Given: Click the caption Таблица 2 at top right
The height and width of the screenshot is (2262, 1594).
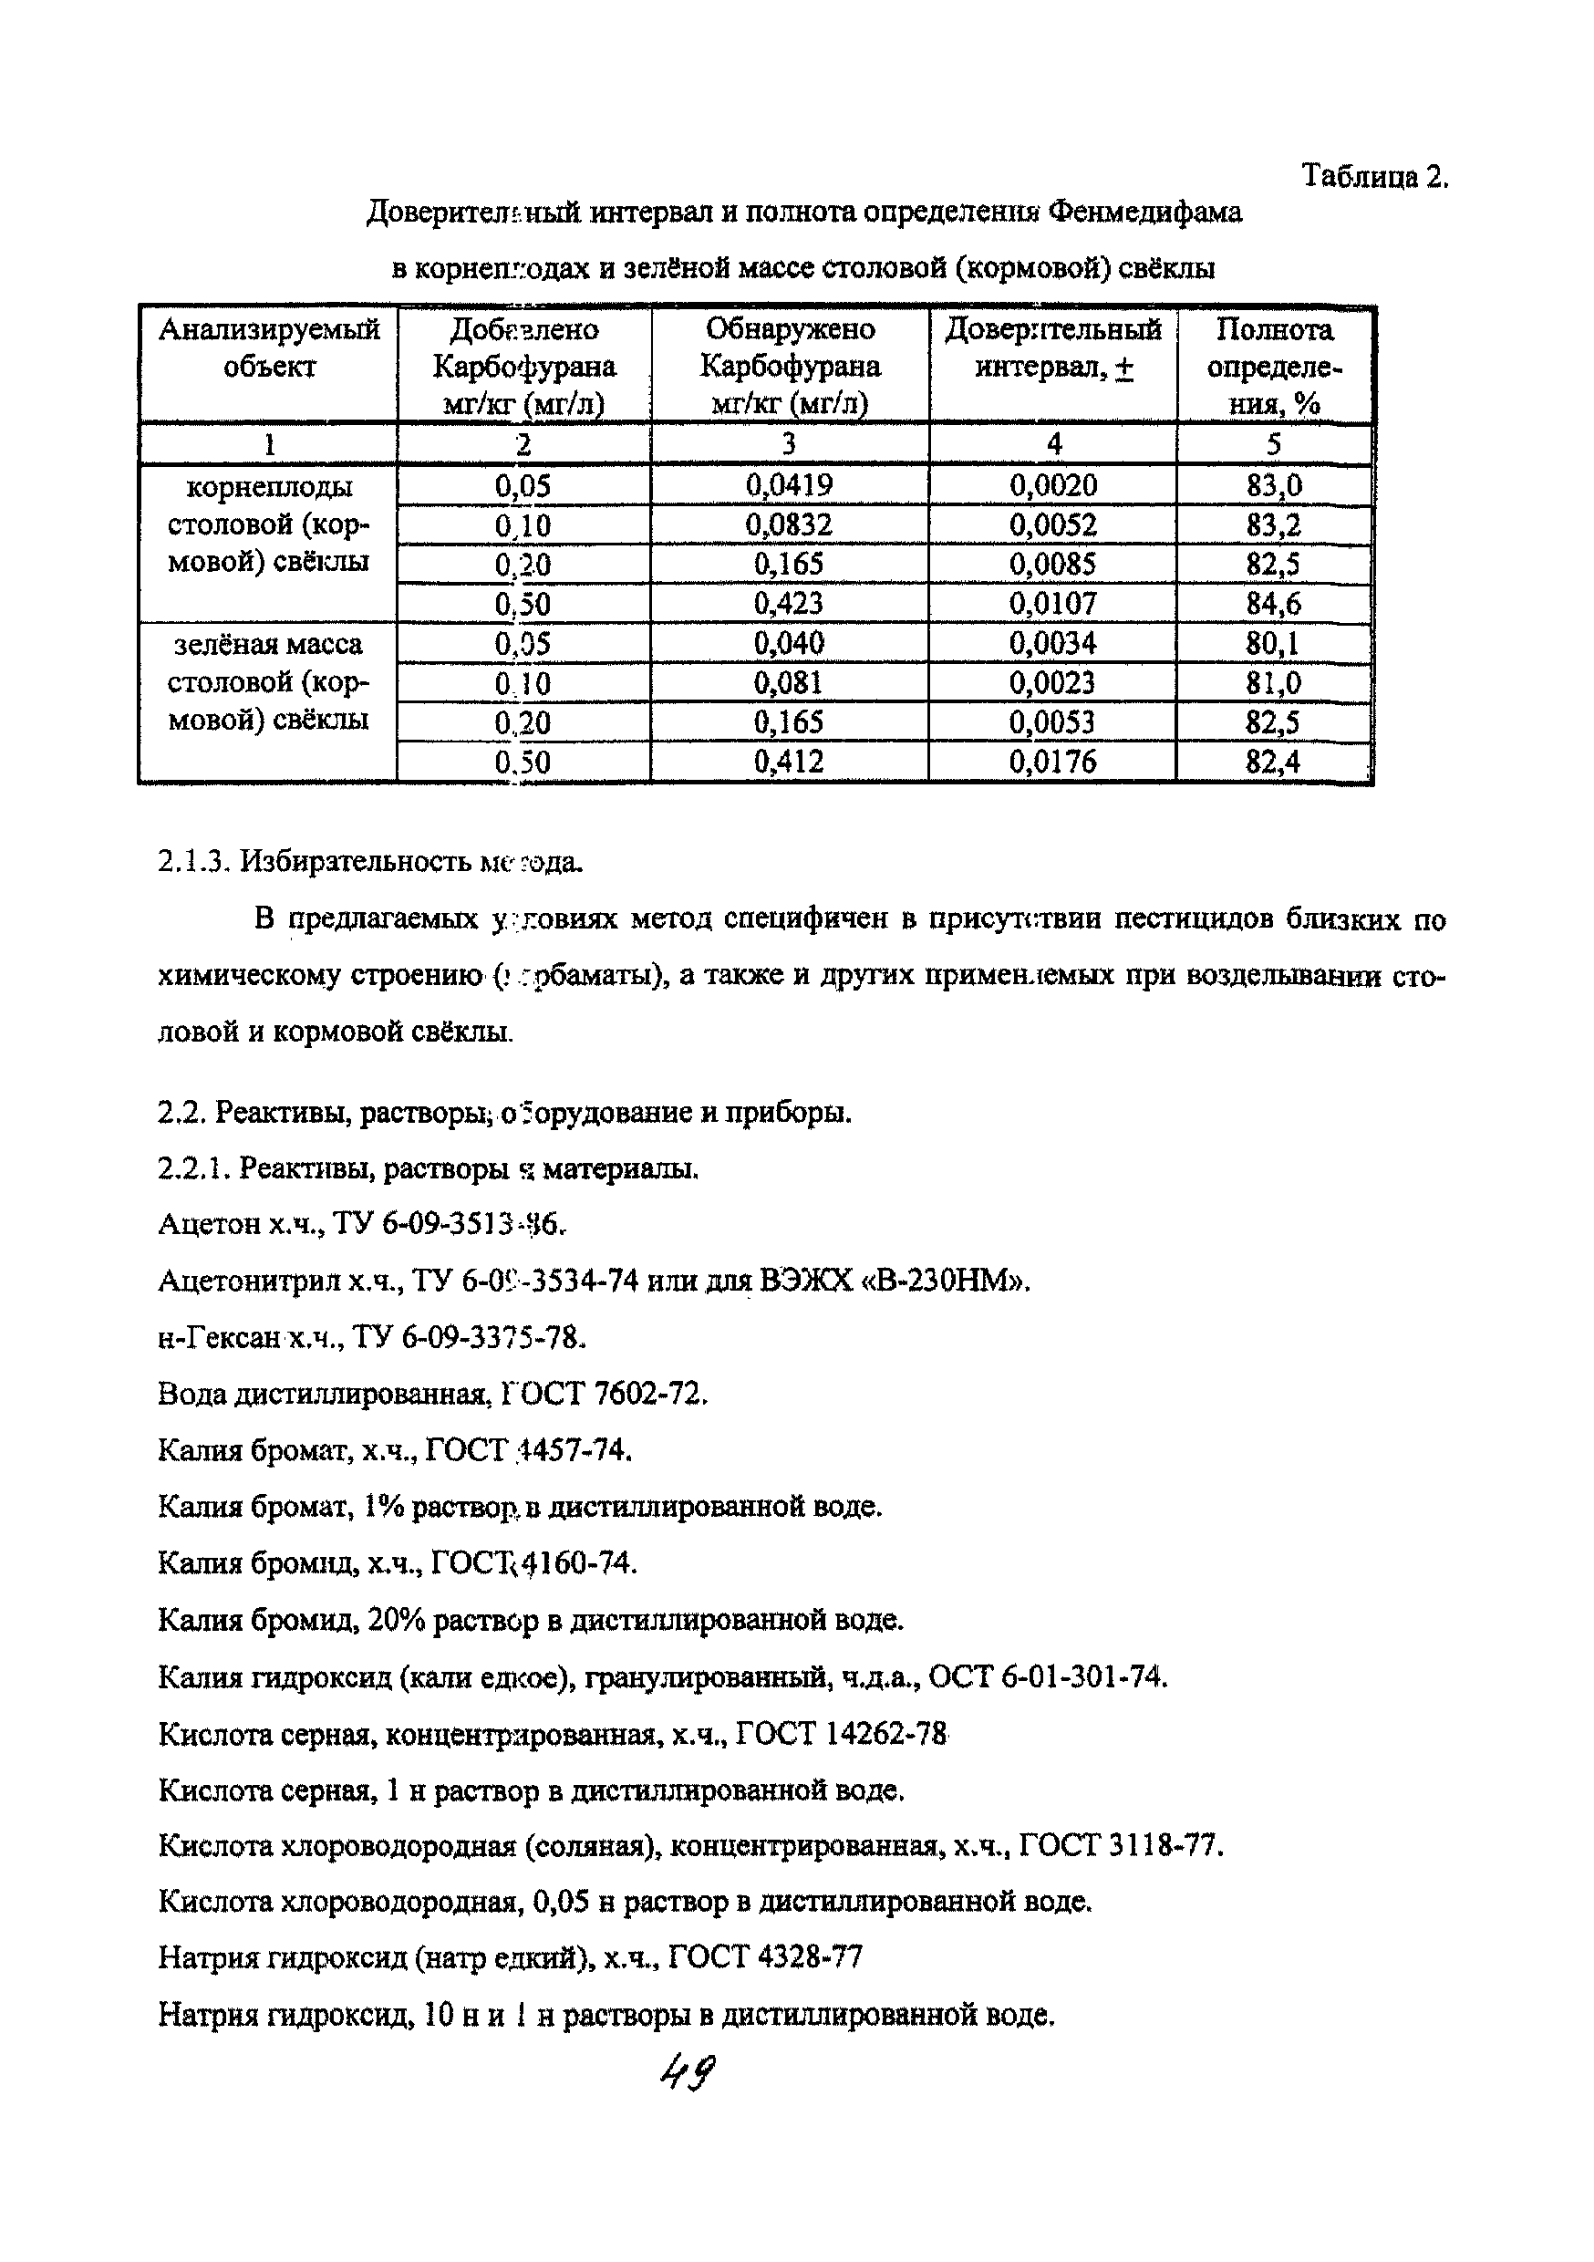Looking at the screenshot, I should click(x=1374, y=176).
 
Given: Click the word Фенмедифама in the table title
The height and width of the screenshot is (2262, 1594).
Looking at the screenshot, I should click(x=1144, y=212).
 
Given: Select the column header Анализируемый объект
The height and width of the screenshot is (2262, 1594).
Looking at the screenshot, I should click(x=269, y=348).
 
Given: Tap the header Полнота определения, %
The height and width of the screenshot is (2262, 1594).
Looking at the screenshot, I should click(x=1274, y=366).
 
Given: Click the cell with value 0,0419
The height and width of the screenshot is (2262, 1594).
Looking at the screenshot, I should click(x=789, y=484).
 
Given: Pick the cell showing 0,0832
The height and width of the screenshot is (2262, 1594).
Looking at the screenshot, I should click(x=789, y=524).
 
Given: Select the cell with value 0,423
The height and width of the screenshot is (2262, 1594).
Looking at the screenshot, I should click(x=789, y=603).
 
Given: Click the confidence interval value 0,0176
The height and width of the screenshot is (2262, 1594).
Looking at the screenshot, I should click(x=1052, y=762).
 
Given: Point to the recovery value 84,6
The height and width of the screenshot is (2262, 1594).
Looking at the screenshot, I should click(x=1273, y=603).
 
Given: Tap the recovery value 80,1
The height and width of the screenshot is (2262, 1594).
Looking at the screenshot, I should click(x=1273, y=643).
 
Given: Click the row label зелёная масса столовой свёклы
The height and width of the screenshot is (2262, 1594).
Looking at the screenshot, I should click(x=268, y=681).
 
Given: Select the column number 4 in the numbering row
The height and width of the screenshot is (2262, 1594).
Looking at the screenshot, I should click(x=1053, y=444).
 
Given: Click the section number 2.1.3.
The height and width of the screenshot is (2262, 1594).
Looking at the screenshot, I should click(x=194, y=862).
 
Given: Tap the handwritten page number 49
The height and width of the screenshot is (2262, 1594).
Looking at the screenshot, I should click(x=688, y=2073).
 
